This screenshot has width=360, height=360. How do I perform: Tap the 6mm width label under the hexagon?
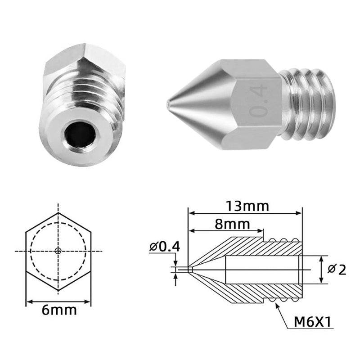(x=58, y=310)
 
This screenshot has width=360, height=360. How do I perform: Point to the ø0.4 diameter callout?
(x=164, y=247)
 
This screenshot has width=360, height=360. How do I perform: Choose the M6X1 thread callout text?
(x=313, y=322)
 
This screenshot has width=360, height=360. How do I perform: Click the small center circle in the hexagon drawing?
(x=58, y=251)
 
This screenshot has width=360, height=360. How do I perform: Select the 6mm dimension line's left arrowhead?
(x=28, y=300)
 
